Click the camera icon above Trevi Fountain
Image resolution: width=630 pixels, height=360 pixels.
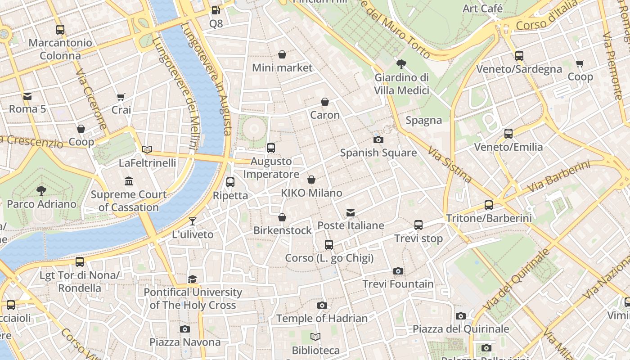point(398,271)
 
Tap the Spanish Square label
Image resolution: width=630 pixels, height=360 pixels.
point(378,153)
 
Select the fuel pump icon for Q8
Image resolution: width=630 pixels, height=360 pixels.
point(216,10)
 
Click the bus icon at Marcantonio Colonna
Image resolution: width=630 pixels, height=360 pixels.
point(60,30)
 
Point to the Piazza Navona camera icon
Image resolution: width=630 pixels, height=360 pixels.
point(185,329)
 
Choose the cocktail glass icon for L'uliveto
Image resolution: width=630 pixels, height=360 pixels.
point(193,221)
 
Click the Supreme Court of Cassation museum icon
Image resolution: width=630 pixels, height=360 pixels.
point(129,181)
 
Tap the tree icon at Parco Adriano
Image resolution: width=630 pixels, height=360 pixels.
point(41,190)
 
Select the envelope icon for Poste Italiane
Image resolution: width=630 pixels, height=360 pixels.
point(351,212)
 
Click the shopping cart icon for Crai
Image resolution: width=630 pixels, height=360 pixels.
point(121,97)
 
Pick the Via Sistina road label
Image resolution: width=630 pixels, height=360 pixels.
point(450,164)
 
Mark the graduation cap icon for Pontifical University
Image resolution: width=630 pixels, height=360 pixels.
point(193,279)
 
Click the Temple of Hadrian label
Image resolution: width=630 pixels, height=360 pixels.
point(322,319)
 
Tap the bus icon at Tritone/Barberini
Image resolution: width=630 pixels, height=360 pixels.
point(489,205)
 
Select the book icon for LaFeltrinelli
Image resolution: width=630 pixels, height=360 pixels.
point(147,149)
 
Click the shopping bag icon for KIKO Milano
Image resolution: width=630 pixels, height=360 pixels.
point(311,180)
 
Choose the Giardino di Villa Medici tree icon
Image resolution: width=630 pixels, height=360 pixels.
point(401,64)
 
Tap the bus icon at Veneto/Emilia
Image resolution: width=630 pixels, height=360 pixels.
point(508,134)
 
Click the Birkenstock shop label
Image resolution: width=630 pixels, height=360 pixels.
point(282,230)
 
